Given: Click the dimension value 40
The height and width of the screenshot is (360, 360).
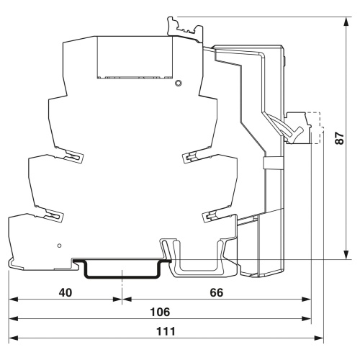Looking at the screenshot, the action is coord(66,293).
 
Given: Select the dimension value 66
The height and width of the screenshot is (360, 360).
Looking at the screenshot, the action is coord(217,293).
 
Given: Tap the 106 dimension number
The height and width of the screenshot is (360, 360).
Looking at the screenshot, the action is coord(160,312).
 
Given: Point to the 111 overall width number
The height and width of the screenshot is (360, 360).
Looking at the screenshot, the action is coord(166,332).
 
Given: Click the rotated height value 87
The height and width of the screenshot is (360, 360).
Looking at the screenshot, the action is coord(340,138).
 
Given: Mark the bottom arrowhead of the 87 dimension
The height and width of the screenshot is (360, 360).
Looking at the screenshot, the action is coord(346,255).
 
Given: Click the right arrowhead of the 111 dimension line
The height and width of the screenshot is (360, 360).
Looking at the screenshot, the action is coord(319,338).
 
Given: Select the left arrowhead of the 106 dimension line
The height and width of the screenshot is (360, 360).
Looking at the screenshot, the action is coord(14,319).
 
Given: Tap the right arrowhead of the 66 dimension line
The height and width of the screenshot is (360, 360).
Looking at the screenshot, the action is coord(307,300).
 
